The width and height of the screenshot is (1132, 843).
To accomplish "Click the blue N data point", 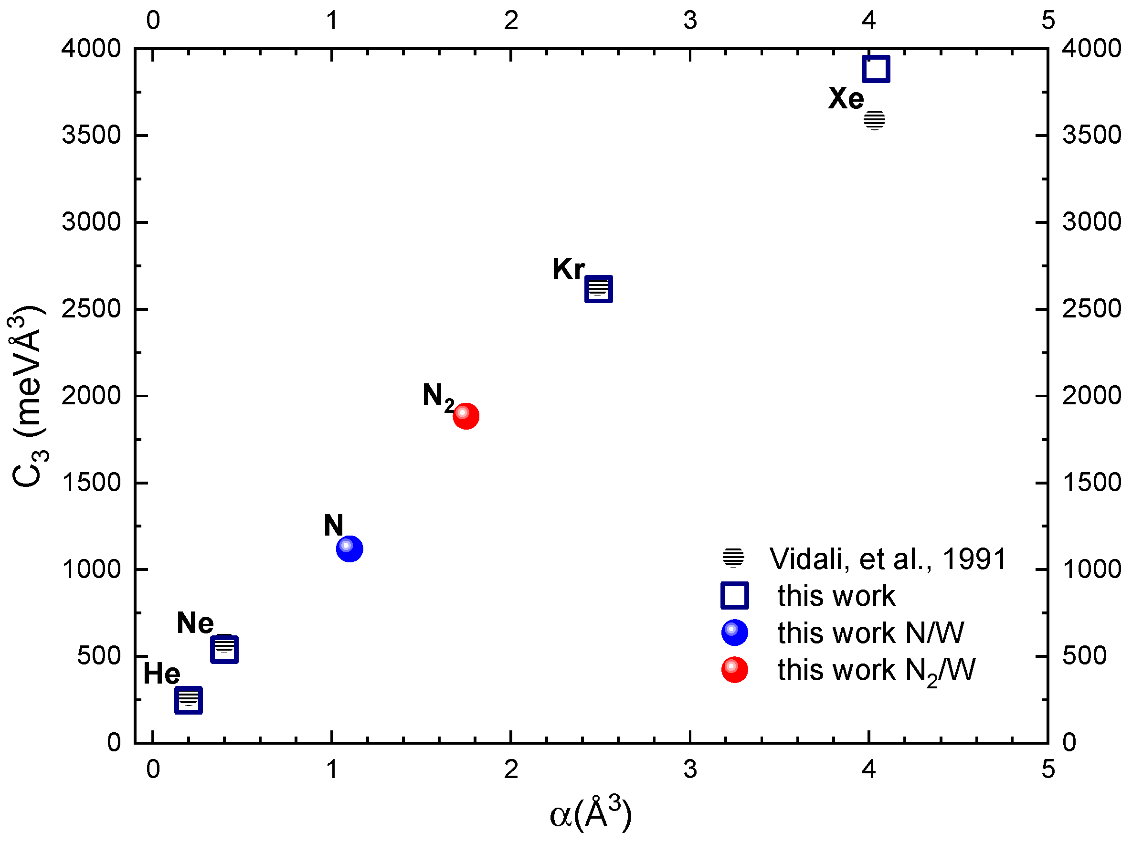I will (x=349, y=549).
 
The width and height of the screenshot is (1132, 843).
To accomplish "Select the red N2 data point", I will (x=466, y=416).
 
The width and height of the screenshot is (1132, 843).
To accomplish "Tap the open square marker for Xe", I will (x=876, y=69).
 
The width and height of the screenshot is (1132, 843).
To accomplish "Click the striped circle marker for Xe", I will (x=874, y=120).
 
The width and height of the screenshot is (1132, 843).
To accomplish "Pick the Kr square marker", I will (x=598, y=289).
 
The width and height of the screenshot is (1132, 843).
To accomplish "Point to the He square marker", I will (x=188, y=700).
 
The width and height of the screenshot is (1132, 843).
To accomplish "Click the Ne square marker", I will (x=224, y=650).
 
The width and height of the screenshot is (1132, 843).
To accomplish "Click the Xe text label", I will (x=846, y=98).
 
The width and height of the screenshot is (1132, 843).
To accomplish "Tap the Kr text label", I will (x=568, y=269).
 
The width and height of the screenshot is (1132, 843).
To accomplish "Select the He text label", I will (x=161, y=674).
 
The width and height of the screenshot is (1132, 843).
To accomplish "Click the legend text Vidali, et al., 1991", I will (x=888, y=559).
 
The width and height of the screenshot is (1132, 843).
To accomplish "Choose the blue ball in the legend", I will (x=734, y=633).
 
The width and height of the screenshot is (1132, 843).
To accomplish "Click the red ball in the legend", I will (x=734, y=670).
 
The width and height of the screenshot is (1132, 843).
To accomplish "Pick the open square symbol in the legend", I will (x=734, y=596).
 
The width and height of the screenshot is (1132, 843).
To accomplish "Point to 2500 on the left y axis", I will (x=91, y=309).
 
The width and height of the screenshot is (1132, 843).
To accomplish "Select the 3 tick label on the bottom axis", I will (x=690, y=769).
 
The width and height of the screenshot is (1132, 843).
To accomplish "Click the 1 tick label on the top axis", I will (x=332, y=21).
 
